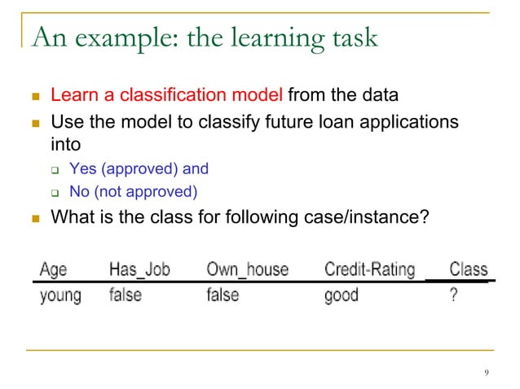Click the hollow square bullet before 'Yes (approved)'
[54, 170]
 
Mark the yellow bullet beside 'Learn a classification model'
[34, 96]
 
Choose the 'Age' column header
[54, 269]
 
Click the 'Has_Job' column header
[140, 269]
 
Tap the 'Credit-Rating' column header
[369, 269]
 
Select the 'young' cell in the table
[60, 295]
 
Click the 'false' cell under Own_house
[223, 295]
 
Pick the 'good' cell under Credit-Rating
[341, 295]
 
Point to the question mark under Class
[453, 295]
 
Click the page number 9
[487, 373]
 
